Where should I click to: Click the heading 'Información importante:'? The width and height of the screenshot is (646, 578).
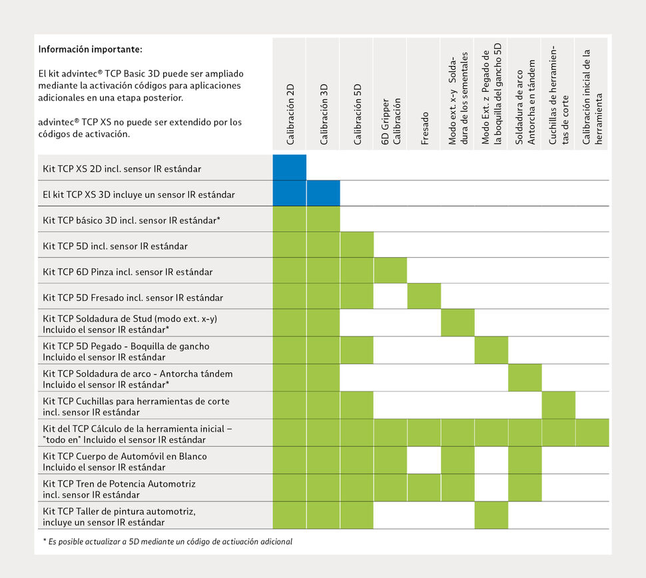click(90, 49)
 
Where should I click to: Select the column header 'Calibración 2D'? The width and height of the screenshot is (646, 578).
click(290, 114)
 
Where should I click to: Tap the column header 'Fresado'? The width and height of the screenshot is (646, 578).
click(425, 128)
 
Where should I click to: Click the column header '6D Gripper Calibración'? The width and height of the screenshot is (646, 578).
click(391, 121)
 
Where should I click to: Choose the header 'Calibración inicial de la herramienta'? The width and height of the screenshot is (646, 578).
click(593, 97)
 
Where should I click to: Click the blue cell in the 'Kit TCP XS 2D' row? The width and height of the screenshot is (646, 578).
click(290, 167)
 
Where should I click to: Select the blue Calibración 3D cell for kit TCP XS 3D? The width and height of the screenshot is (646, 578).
click(324, 193)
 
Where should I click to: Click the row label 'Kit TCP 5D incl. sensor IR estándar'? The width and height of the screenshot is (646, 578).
click(115, 246)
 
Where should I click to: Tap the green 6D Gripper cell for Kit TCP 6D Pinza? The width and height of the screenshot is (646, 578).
click(390, 270)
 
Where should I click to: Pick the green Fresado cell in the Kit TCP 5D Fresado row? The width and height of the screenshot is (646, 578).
click(424, 296)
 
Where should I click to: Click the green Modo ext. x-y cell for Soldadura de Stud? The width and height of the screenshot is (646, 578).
click(458, 322)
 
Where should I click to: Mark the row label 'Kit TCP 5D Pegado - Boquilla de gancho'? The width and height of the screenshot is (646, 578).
click(126, 346)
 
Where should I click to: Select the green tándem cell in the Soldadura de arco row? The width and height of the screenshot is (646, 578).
click(525, 378)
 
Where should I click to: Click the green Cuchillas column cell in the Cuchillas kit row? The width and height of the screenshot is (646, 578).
click(559, 405)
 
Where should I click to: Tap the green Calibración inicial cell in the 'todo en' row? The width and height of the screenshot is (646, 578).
click(592, 433)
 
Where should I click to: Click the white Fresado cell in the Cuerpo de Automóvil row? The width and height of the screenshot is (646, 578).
click(424, 460)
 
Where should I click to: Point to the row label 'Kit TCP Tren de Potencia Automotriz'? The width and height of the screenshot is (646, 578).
click(119, 483)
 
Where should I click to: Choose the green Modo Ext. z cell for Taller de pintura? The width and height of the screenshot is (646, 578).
click(491, 515)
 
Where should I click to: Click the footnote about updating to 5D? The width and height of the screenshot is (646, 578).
click(167, 541)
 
